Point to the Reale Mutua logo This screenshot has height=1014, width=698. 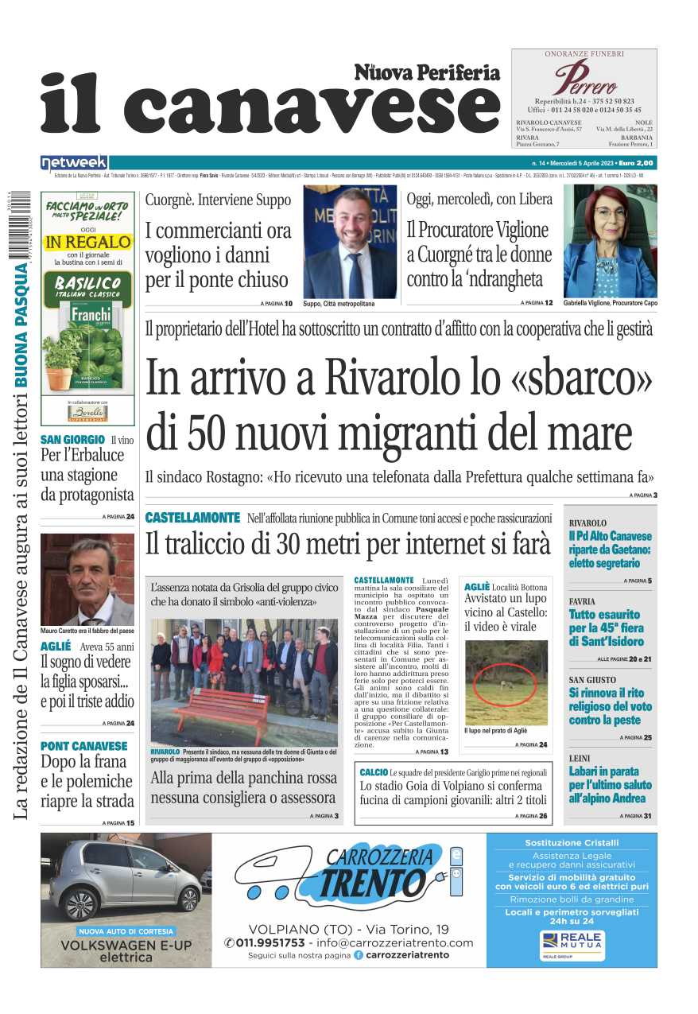(572, 944)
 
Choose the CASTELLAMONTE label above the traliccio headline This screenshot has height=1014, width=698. (192, 518)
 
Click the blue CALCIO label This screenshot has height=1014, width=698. (373, 772)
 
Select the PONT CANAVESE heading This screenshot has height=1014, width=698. (83, 746)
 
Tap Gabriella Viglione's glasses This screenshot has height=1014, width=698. (610, 213)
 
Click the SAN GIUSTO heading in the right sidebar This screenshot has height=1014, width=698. (591, 680)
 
